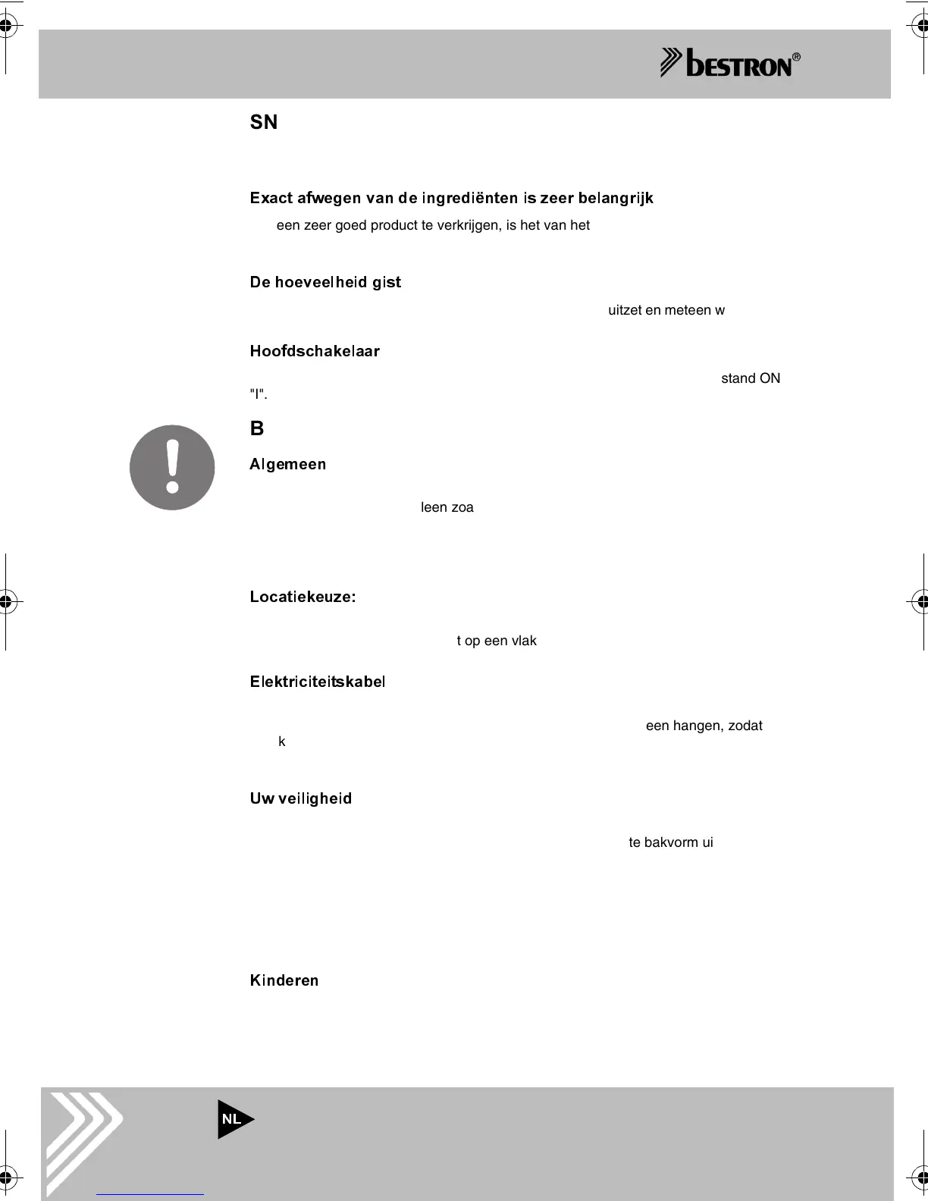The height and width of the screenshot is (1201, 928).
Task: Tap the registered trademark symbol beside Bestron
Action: [796, 57]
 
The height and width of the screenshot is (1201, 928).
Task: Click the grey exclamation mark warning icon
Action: [172, 467]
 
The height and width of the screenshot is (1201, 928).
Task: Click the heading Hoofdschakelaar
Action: [315, 351]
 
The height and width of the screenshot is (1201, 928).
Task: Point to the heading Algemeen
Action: [288, 464]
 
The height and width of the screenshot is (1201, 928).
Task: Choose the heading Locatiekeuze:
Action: [303, 597]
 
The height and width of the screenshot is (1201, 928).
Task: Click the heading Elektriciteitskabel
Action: [318, 682]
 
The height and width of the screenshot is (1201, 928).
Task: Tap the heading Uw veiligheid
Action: [301, 798]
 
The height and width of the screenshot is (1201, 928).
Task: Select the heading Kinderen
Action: [284, 980]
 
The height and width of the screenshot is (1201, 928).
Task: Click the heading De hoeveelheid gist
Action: [325, 282]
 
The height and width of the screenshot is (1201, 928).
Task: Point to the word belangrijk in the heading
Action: [616, 198]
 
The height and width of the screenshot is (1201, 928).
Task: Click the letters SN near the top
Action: [264, 122]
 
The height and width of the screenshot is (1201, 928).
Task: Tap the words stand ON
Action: [751, 378]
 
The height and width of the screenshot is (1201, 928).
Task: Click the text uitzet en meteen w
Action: [666, 310]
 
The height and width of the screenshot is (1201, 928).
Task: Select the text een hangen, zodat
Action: [704, 726]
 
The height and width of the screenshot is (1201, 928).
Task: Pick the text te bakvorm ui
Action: [670, 842]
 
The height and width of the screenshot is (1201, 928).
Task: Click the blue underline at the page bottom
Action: [150, 1194]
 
